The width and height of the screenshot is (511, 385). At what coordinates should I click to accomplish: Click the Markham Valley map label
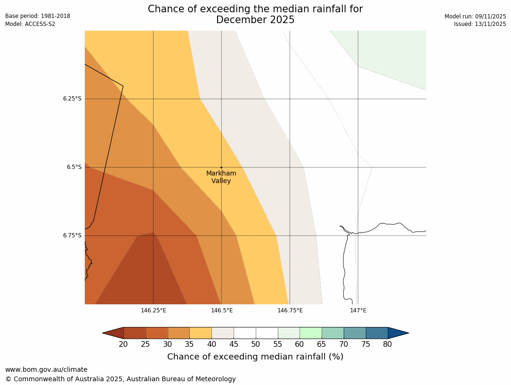(221, 177)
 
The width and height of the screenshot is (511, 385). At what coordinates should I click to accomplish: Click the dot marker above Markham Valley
(221, 167)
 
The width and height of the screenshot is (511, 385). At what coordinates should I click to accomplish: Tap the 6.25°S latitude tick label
(72, 99)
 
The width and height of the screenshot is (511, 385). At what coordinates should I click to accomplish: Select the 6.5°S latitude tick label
(74, 167)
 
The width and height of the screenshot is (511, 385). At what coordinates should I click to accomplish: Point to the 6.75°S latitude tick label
(72, 235)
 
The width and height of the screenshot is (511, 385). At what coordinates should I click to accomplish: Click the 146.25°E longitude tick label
(154, 310)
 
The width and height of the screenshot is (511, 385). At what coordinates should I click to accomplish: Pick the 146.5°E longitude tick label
(222, 310)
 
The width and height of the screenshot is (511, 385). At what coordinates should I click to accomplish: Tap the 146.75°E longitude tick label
(290, 310)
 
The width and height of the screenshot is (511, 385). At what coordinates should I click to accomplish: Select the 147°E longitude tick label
(358, 310)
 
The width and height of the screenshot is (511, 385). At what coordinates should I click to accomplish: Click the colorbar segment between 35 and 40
(201, 333)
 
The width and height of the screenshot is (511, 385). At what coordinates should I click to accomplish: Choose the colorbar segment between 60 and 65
(311, 333)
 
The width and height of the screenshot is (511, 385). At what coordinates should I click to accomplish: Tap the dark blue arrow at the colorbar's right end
(398, 333)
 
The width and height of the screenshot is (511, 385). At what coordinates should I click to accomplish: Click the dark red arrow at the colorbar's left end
(113, 333)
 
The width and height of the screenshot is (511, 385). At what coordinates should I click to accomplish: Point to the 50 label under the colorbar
(256, 344)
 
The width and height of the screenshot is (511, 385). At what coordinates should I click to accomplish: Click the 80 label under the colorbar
(388, 344)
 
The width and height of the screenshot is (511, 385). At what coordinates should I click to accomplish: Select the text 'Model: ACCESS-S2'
(30, 24)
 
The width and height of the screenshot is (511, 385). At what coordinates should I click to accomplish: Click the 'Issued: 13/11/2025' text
(480, 24)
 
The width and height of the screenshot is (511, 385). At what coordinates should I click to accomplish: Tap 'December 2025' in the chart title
(255, 20)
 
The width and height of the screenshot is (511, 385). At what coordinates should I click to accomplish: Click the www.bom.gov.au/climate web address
(46, 369)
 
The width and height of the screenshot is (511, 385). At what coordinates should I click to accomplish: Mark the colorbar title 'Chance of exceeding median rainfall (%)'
(255, 357)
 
